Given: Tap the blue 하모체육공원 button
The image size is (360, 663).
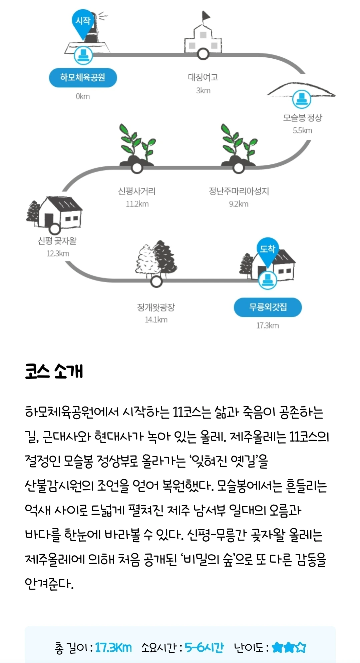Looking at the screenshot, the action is click(83, 78).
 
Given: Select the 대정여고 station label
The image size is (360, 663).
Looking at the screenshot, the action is click(203, 77).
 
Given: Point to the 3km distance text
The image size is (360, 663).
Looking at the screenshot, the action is click(203, 90).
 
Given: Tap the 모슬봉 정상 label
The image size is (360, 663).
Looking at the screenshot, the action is click(303, 118).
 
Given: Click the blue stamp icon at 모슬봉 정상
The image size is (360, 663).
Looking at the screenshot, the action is click(302, 99).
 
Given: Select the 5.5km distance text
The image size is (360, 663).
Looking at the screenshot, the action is click(303, 130).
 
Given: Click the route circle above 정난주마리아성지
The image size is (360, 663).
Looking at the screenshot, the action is click(239, 168).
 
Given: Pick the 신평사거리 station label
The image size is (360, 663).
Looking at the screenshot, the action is click(137, 191).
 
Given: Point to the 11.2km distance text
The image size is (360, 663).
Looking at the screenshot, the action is click(137, 204).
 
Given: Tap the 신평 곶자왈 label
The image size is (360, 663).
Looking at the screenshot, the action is click(57, 241).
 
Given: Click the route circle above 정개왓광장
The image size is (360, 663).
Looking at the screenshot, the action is click(156, 281).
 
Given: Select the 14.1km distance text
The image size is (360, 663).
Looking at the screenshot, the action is click(156, 319).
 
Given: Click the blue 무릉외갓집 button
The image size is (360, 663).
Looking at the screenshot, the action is click(268, 307).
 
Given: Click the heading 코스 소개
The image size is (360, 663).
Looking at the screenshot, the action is click(54, 371).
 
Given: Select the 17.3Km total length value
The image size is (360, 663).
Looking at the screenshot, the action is click(113, 648).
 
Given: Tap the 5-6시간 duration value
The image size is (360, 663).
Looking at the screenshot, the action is click(204, 648).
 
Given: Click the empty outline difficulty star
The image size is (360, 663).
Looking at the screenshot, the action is click(301, 647).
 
